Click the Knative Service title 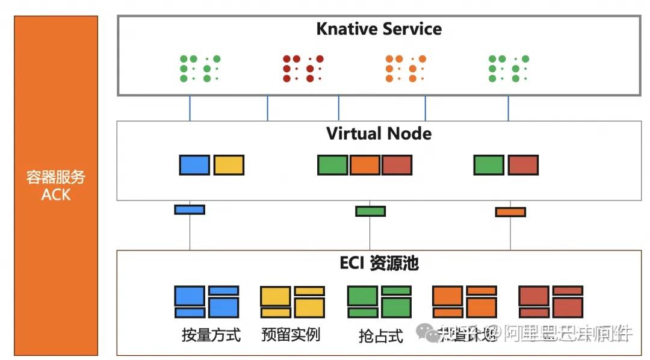click(x=379, y=29)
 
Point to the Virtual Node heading click(x=379, y=133)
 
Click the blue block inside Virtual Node click(x=194, y=165)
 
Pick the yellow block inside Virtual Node click(x=229, y=165)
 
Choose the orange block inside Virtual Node click(x=365, y=165)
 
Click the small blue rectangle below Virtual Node click(x=190, y=209)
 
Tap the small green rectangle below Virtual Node click(x=370, y=211)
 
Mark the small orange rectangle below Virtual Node click(x=510, y=212)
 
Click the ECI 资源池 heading click(x=379, y=263)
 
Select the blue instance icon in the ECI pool click(x=206, y=302)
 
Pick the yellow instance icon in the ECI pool click(x=292, y=302)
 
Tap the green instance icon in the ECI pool click(x=379, y=302)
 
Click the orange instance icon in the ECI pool click(x=465, y=302)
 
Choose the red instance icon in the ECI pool click(x=551, y=302)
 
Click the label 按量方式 click(x=211, y=335)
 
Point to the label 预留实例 click(x=291, y=335)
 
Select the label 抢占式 click(x=380, y=335)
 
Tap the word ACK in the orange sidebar click(x=56, y=194)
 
